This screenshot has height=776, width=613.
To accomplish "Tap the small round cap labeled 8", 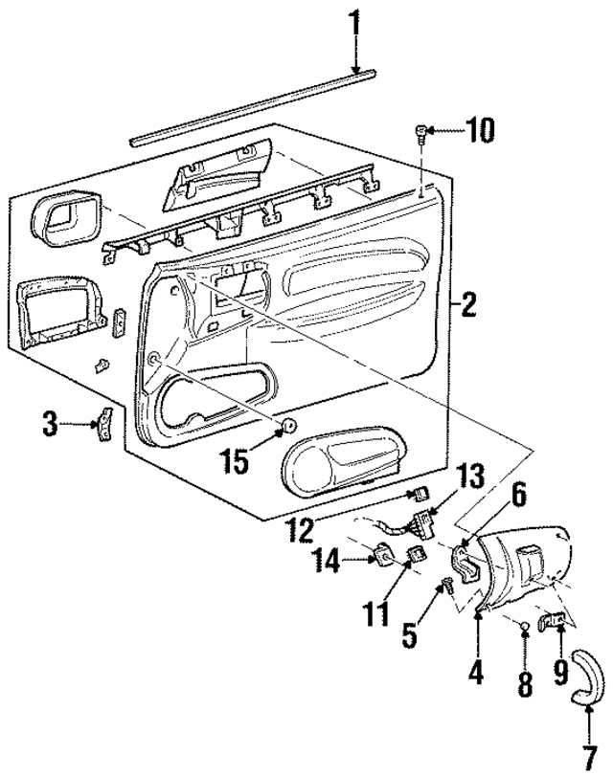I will click(x=526, y=628).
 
